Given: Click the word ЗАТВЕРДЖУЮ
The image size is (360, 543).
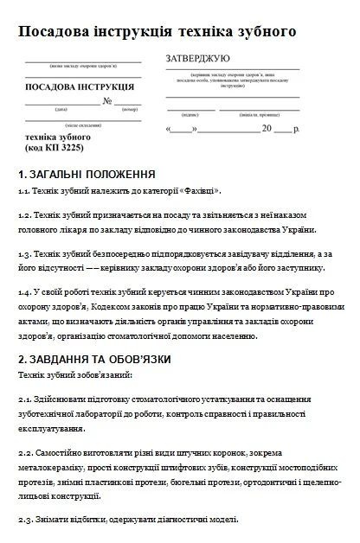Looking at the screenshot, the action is [197, 59].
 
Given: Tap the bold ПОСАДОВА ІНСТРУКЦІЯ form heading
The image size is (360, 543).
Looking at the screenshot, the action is [80, 86].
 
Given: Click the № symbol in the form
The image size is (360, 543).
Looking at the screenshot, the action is [109, 101].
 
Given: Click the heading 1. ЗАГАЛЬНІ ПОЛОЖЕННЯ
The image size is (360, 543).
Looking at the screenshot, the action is [86, 174].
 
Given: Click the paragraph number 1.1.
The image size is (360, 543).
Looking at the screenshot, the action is [23, 191].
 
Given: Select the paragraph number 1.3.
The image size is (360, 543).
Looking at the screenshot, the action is [24, 254].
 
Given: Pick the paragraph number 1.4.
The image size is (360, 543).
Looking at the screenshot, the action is [24, 292].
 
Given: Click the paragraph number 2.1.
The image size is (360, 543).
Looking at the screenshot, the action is [24, 400].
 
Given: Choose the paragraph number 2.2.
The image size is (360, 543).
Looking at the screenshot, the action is [24, 452].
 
